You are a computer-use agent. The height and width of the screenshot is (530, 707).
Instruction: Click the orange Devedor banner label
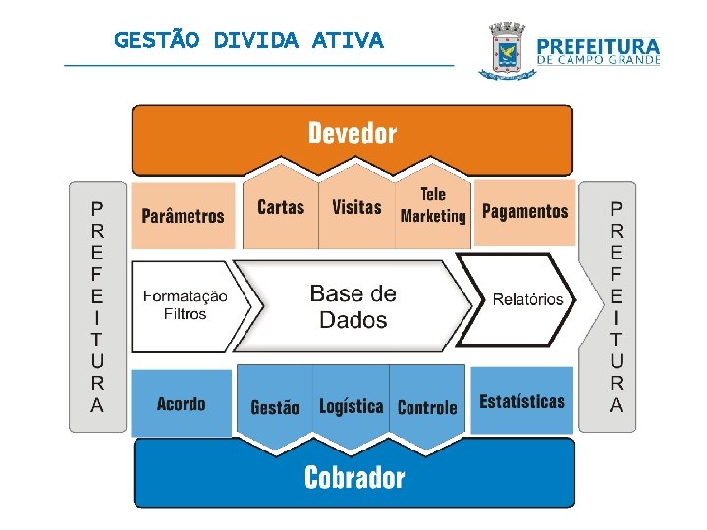click(353, 133)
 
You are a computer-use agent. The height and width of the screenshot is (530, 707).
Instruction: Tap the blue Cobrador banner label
click(354, 478)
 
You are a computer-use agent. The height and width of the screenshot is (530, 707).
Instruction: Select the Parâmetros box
click(184, 215)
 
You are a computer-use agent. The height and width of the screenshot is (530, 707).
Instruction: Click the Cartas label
click(281, 207)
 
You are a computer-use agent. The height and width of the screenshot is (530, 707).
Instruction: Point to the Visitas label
click(356, 207)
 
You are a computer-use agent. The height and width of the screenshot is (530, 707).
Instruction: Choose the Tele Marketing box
click(433, 206)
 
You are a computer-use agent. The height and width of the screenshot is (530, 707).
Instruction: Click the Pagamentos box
click(524, 211)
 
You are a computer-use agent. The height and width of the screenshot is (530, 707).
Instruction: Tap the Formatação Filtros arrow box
click(186, 305)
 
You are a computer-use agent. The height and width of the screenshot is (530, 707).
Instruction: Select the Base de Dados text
click(353, 306)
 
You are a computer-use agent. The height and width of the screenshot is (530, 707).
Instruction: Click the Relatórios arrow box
click(526, 299)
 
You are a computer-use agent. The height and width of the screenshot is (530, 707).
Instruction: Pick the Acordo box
click(182, 403)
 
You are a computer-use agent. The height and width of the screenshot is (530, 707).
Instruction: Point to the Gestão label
click(275, 407)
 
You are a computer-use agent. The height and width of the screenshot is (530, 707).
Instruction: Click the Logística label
click(351, 406)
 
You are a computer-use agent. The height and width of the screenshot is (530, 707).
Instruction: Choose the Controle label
click(427, 407)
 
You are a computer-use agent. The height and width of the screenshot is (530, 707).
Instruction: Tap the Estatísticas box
click(521, 401)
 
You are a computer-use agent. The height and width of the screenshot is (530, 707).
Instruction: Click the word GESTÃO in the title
click(157, 40)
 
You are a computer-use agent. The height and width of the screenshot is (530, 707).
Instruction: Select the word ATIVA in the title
click(348, 40)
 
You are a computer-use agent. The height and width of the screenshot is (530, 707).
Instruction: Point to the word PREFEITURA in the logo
click(599, 45)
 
